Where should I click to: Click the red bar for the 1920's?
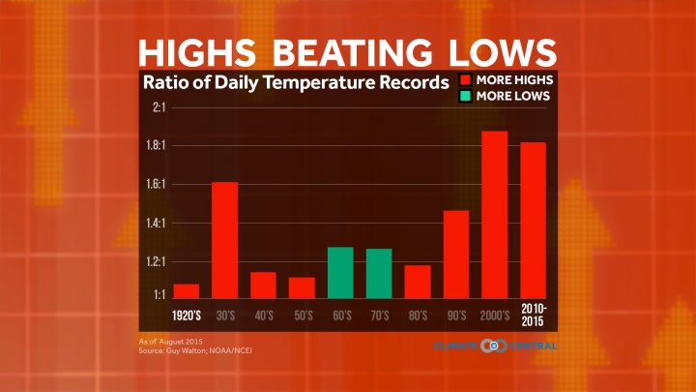pos(186,290)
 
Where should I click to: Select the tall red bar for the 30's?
pos(224,240)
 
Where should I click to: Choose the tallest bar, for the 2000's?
pos(495,214)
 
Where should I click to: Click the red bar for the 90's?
pos(456,254)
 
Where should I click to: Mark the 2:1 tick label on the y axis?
pos(159,107)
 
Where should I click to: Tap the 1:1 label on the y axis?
pos(159,293)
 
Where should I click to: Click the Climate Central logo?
pos(495,346)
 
